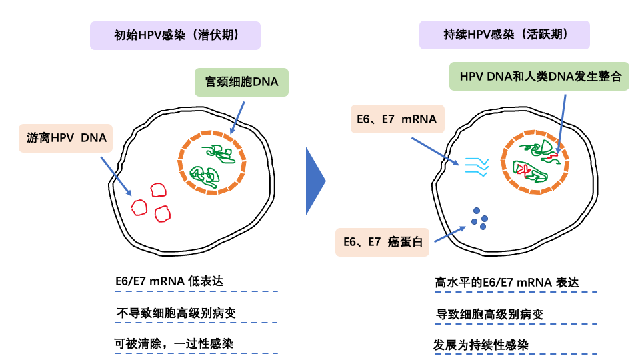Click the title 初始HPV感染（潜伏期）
tap(175, 35)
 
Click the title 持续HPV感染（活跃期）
tap(505, 35)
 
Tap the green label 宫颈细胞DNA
tap(241, 83)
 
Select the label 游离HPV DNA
tap(66, 138)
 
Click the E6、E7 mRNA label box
tap(396, 120)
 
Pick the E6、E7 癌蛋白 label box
tap(383, 242)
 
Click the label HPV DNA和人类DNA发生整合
tap(539, 76)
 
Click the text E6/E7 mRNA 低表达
tap(169, 281)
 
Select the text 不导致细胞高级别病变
tap(176, 313)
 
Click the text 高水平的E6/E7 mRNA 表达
tap(507, 283)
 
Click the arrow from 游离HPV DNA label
tap(116, 176)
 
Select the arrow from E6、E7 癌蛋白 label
tap(450, 233)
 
